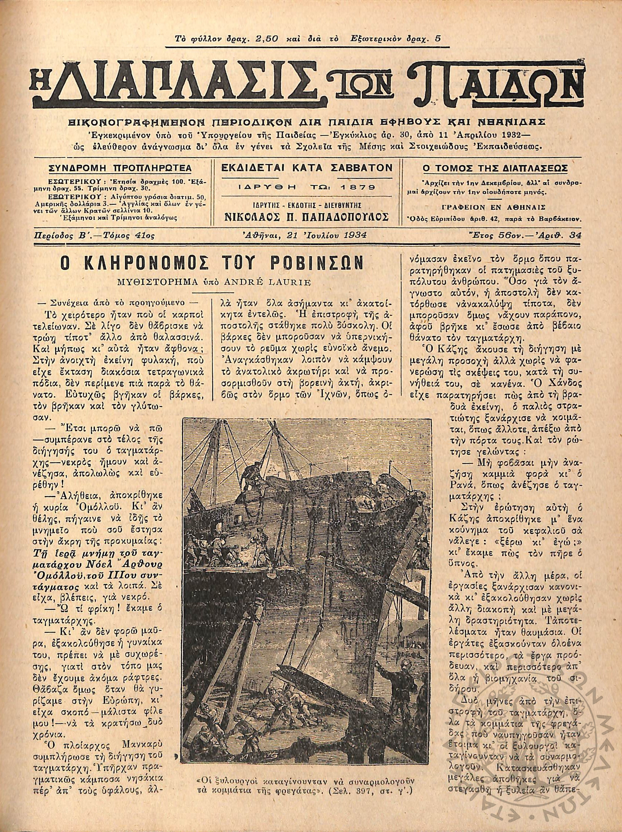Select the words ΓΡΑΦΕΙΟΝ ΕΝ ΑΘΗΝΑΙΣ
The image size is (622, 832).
coord(495,207)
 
